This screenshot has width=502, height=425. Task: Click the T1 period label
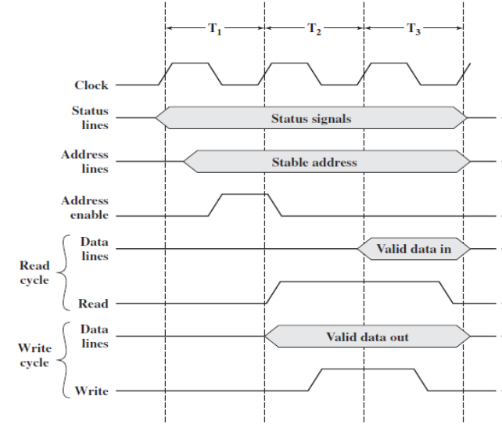click(x=215, y=29)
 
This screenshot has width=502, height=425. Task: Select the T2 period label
click(x=314, y=29)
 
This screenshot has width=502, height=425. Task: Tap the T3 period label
click(x=414, y=29)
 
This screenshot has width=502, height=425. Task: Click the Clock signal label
click(x=91, y=85)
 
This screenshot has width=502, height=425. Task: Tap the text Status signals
click(x=311, y=119)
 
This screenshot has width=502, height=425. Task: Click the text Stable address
click(x=314, y=162)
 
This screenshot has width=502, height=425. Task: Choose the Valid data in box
click(x=414, y=249)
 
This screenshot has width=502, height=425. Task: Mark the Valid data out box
click(x=368, y=337)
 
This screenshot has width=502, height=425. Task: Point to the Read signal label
click(x=94, y=303)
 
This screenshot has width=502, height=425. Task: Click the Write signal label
click(x=92, y=391)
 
